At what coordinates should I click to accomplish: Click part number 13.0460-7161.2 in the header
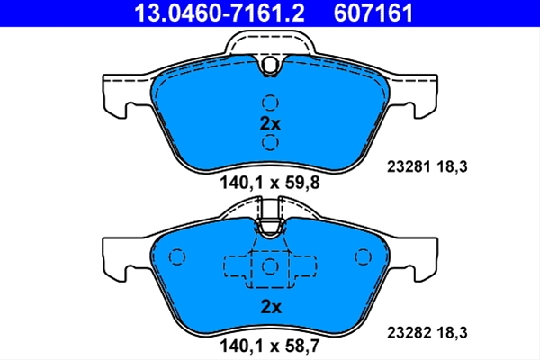[220, 13]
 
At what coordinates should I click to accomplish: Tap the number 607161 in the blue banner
[373, 13]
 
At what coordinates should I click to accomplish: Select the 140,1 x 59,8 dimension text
[270, 183]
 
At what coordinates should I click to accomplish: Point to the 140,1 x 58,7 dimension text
[270, 346]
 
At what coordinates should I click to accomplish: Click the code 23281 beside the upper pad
[409, 167]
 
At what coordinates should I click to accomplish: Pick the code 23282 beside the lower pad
[409, 333]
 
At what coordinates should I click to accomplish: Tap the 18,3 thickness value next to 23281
[452, 167]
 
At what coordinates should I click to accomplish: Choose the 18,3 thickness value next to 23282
[452, 333]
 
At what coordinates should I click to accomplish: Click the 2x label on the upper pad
[270, 123]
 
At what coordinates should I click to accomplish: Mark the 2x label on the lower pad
[271, 307]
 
